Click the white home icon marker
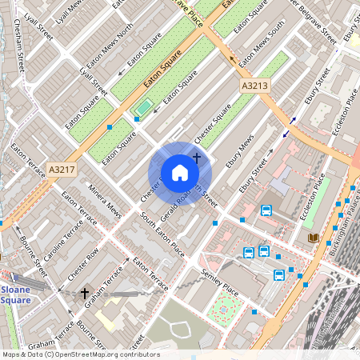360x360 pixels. point(180,173)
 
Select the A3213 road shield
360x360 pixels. point(255,84)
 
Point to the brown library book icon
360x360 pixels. point(313,238)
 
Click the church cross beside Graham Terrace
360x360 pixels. point(85,294)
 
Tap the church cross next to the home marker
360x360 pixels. point(196,148)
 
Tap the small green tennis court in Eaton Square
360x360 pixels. point(144,106)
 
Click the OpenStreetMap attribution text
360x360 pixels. point(80,354)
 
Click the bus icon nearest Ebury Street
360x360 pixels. point(266,211)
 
